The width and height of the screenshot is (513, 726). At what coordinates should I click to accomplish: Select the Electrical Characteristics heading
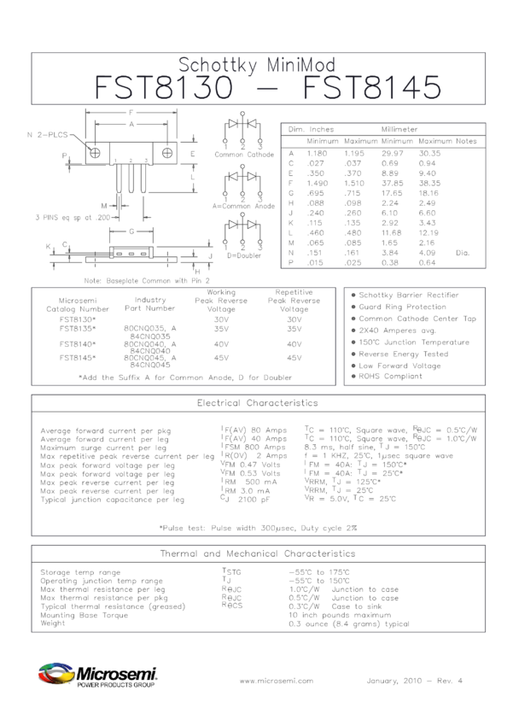pyautogui.click(x=257, y=401)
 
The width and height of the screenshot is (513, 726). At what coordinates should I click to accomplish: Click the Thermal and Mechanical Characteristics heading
pyautogui.click(x=257, y=553)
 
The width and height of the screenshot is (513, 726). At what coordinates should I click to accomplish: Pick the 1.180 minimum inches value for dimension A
pyautogui.click(x=318, y=153)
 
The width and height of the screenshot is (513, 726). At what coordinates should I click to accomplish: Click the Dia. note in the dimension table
pyautogui.click(x=463, y=253)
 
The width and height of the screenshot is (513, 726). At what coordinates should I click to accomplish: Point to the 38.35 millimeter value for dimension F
pyautogui.click(x=429, y=183)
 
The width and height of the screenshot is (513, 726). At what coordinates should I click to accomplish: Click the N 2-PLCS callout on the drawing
pyautogui.click(x=48, y=135)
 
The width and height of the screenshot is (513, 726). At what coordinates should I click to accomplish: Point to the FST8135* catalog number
pyautogui.click(x=78, y=328)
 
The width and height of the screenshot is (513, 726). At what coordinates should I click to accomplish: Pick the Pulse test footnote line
pyautogui.click(x=257, y=527)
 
